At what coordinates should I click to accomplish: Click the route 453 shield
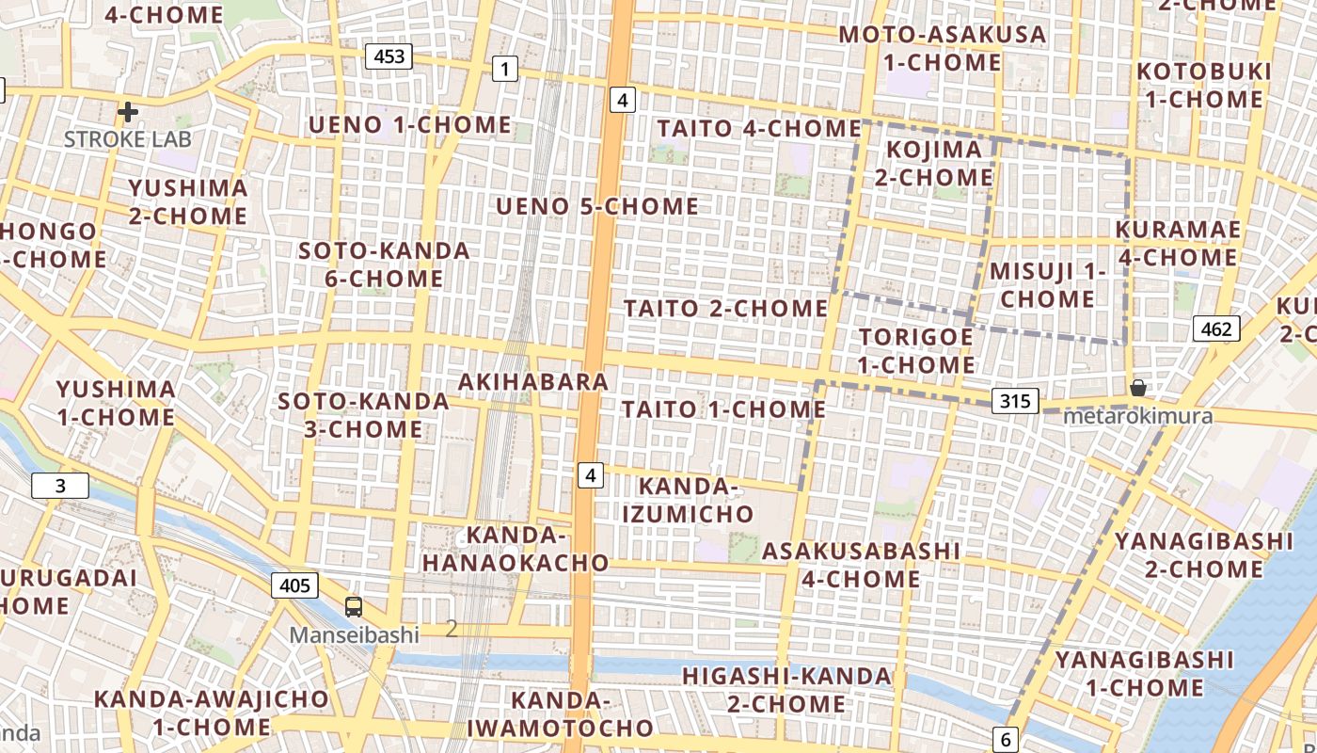[x=389, y=56]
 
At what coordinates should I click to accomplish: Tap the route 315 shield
[x=1015, y=401]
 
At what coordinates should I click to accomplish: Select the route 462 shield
[x=1216, y=328]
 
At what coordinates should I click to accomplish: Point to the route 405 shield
[x=294, y=585]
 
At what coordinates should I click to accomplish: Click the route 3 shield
[x=60, y=486]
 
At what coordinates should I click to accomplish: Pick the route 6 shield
[x=1006, y=740]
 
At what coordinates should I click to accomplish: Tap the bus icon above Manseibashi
[x=354, y=607]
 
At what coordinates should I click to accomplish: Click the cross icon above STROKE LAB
[x=128, y=113]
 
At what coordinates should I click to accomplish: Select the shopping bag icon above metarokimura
[x=1137, y=388]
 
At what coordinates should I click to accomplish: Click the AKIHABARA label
[x=533, y=382]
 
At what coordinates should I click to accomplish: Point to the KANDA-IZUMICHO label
[x=696, y=500]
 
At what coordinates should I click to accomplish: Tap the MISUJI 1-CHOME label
[x=1047, y=285]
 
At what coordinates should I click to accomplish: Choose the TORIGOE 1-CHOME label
[x=916, y=350]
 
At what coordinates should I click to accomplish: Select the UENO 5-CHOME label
[x=597, y=206]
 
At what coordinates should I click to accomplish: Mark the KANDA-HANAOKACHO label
[x=516, y=549]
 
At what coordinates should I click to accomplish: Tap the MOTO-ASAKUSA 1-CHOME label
[x=942, y=48]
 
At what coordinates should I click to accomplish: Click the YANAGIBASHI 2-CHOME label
[x=1203, y=554]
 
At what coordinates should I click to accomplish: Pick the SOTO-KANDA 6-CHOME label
[x=384, y=264]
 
